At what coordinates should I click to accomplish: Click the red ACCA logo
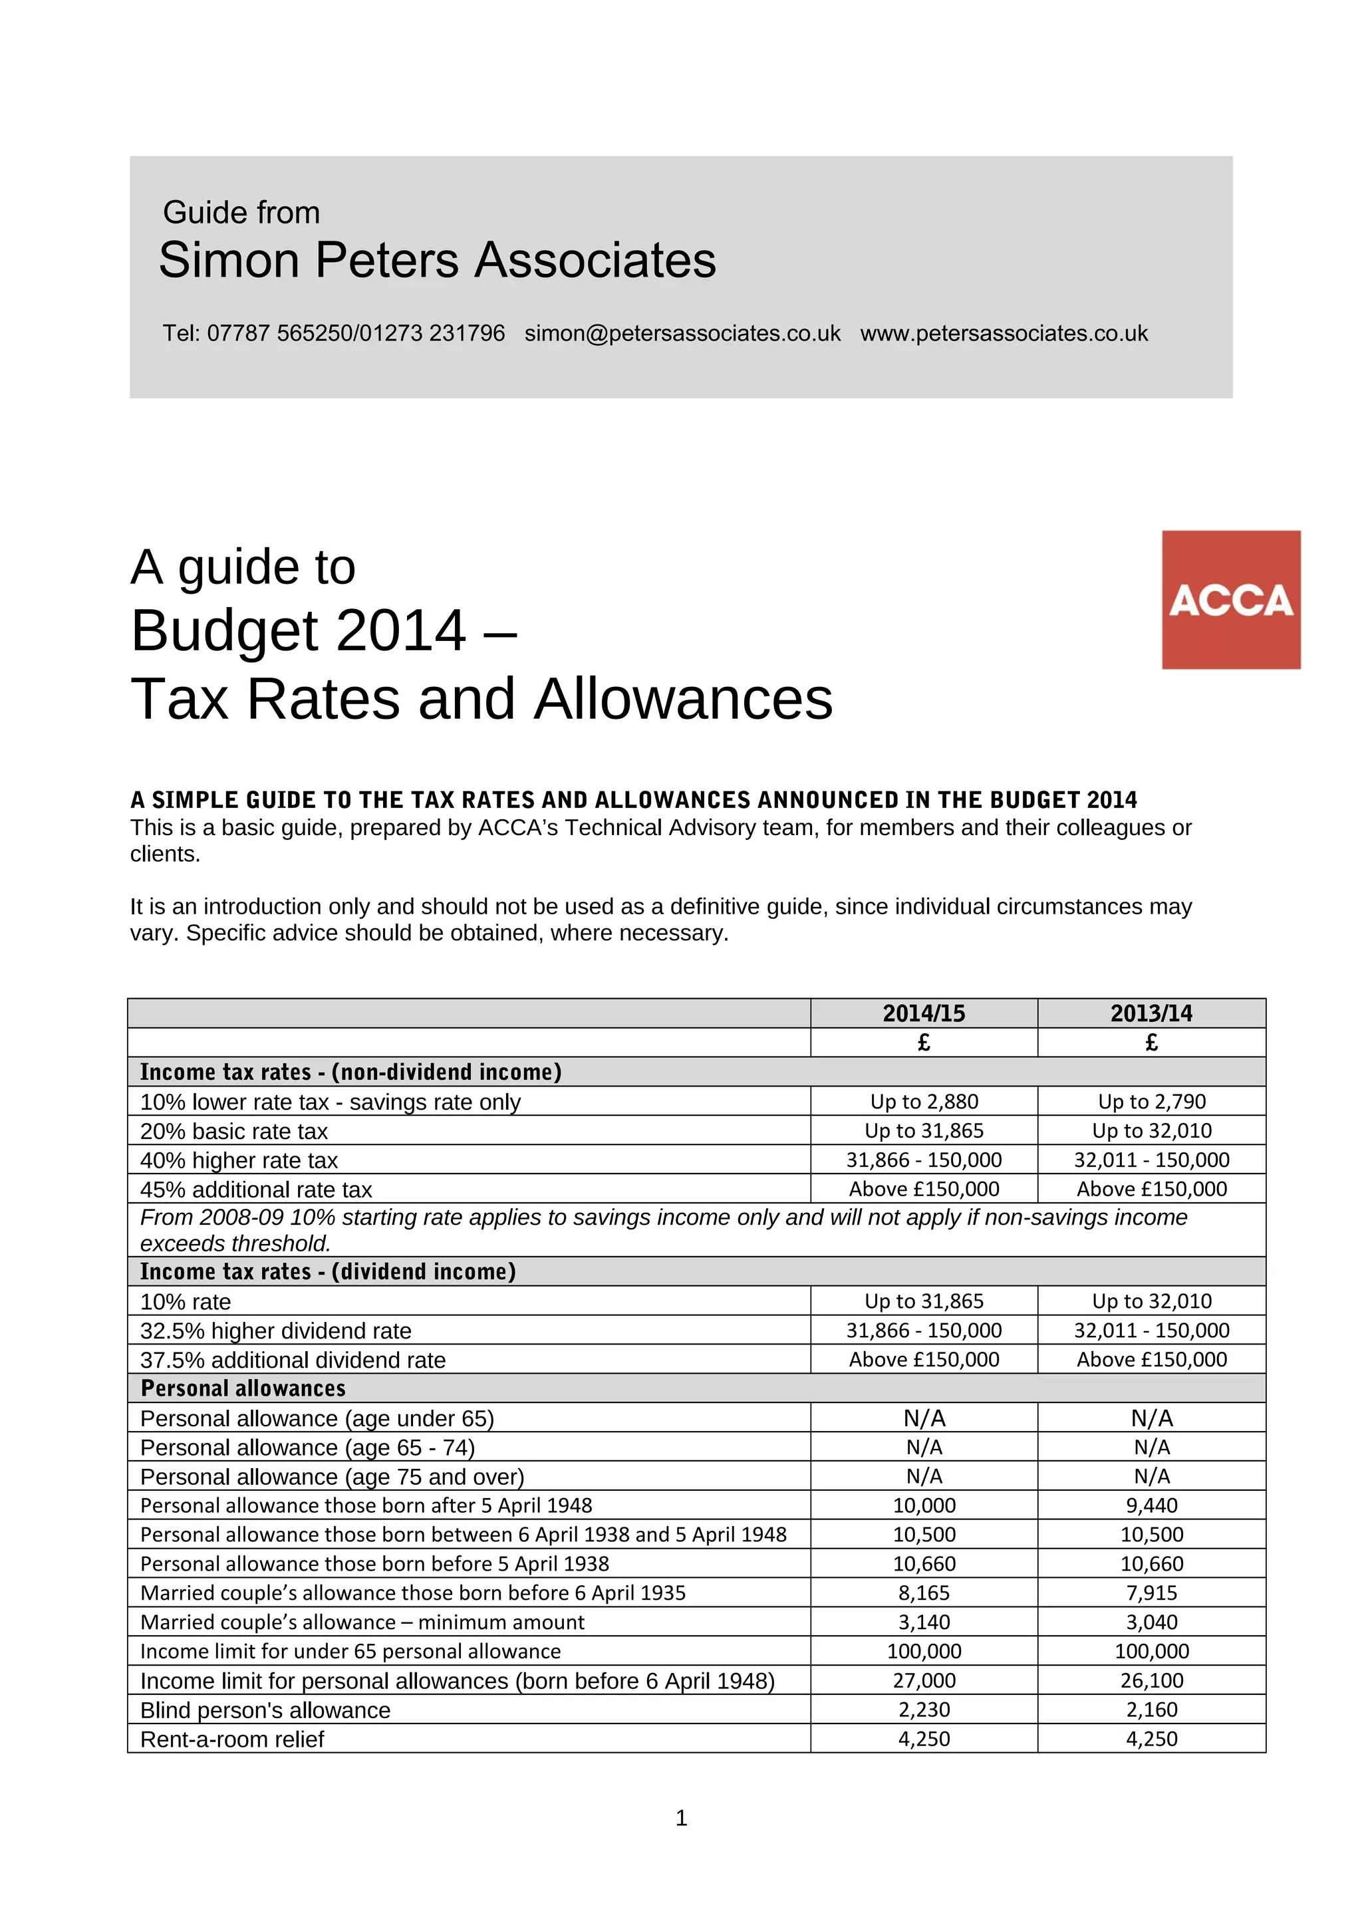(1230, 599)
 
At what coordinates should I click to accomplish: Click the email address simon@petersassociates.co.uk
(682, 333)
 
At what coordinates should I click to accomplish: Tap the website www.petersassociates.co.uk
(1004, 333)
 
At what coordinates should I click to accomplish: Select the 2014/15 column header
(923, 1013)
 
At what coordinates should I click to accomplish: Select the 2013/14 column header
(1151, 1013)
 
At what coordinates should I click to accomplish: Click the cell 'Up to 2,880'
(923, 1101)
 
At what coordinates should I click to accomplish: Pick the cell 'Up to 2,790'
(1151, 1101)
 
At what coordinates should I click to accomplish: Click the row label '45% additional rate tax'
(256, 1190)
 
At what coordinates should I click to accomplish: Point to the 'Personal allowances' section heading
(243, 1388)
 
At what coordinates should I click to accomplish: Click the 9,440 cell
(1151, 1505)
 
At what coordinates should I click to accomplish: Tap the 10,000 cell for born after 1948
(923, 1505)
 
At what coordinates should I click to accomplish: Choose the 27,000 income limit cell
(923, 1680)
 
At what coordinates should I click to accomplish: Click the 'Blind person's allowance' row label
(265, 1710)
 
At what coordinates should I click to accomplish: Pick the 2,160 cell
(1151, 1709)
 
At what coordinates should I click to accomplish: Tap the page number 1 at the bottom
(680, 1818)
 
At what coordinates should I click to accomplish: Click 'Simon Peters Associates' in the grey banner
(437, 259)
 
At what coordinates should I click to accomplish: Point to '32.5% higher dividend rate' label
(275, 1331)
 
